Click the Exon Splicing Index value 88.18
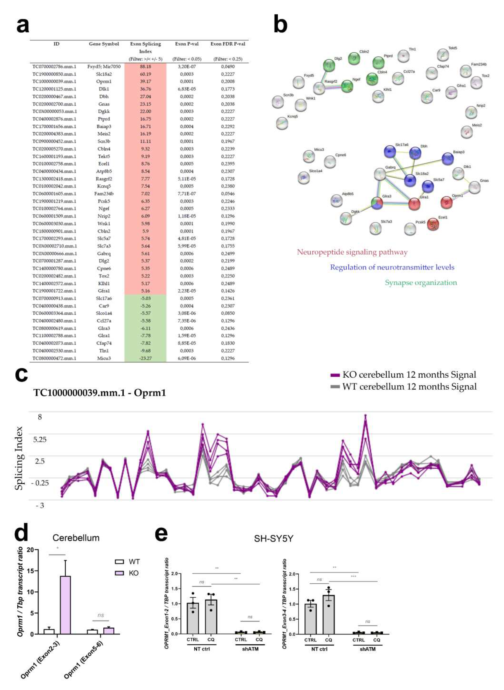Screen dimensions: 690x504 click(145, 67)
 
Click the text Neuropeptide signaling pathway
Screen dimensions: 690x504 click(352, 252)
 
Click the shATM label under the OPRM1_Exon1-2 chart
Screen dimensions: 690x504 click(250, 649)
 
